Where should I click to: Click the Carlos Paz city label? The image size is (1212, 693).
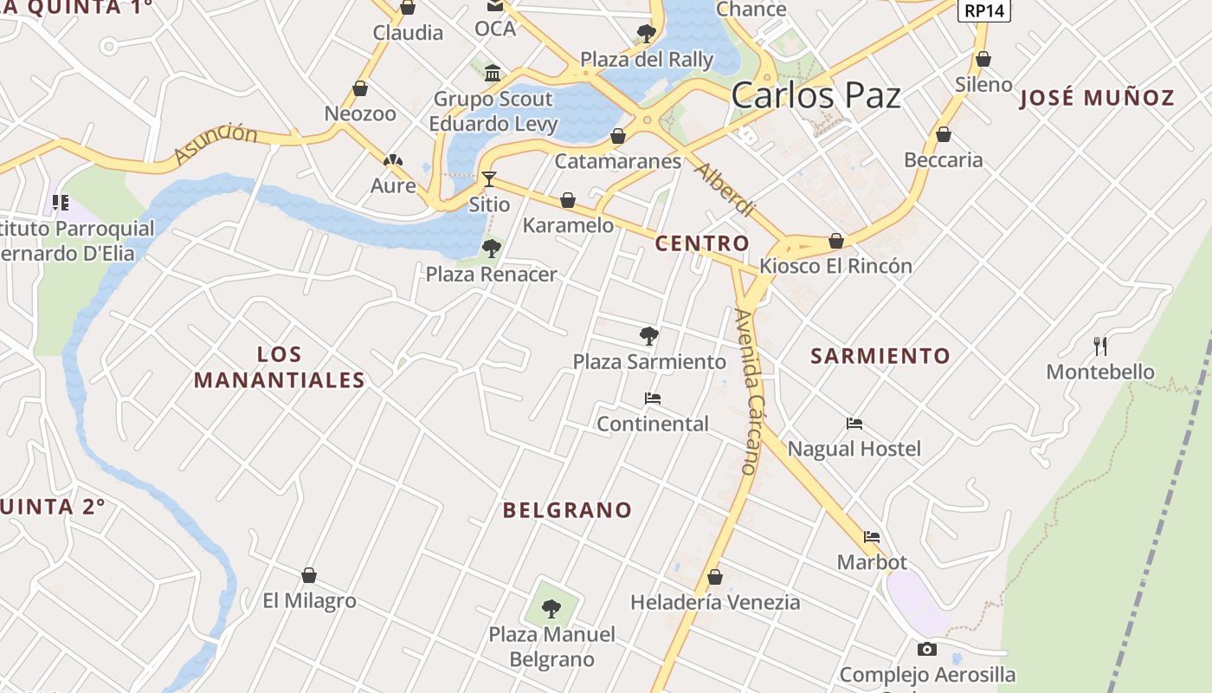tap(816, 95)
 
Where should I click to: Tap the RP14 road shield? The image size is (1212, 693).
tap(985, 10)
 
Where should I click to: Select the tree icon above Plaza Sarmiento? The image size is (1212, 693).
tap(648, 336)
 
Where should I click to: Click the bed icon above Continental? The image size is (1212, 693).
tap(653, 398)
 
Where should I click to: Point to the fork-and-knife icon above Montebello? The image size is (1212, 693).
tap(1100, 346)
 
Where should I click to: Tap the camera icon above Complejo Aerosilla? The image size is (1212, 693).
tap(926, 649)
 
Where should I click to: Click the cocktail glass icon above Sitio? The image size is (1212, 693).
tap(489, 179)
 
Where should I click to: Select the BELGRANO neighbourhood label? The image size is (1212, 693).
tap(567, 510)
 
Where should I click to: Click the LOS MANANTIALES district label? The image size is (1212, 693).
tap(279, 367)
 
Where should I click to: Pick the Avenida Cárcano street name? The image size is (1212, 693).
tap(748, 391)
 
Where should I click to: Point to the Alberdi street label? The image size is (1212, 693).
tap(725, 189)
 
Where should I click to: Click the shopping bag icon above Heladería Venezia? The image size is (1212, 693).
tap(715, 576)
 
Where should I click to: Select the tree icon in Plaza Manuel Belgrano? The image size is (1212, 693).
tap(551, 609)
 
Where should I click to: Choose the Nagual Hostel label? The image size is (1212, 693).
tap(854, 449)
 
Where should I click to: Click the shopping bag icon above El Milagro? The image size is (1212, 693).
tap(309, 575)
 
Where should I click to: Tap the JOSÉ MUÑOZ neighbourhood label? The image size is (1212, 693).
tap(1097, 98)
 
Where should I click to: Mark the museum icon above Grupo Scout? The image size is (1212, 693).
tap(493, 73)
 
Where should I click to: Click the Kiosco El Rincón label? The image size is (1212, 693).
tap(835, 266)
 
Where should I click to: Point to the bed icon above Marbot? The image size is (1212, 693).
tap(872, 537)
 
